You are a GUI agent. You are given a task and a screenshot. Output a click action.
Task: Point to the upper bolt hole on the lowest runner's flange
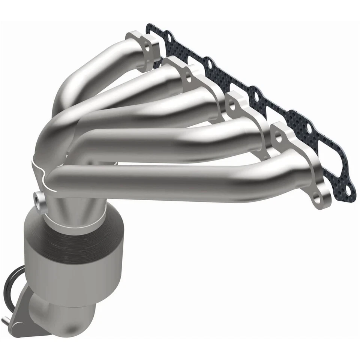(x=278, y=138)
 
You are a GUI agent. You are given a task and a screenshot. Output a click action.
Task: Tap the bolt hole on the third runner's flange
(x=232, y=106)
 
